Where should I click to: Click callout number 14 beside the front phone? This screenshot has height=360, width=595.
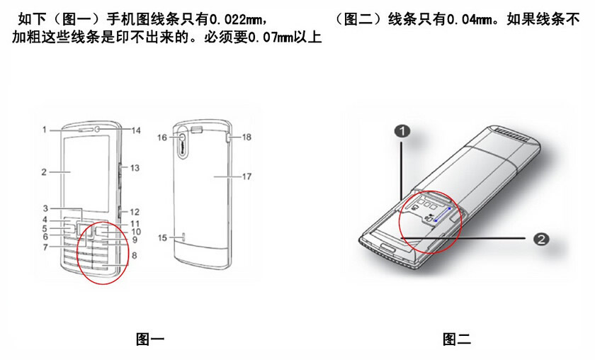click(136, 130)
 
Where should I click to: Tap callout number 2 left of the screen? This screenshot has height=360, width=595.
click(44, 172)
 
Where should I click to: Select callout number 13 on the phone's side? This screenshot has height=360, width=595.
click(135, 168)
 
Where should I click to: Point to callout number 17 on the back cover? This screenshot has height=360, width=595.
click(246, 176)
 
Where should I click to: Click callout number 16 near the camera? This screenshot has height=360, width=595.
click(162, 137)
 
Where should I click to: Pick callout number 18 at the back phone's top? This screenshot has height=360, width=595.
click(246, 137)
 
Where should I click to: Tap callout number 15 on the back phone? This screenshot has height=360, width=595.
click(162, 237)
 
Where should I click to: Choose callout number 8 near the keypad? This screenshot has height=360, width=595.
click(135, 256)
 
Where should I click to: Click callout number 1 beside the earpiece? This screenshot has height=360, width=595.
click(45, 130)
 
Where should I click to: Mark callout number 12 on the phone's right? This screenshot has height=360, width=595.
click(135, 212)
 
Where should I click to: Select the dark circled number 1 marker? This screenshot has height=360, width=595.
click(402, 131)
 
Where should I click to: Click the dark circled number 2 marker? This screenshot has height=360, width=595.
click(541, 239)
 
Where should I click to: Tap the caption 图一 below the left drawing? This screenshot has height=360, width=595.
click(150, 339)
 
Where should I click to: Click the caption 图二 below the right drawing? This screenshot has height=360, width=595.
click(457, 339)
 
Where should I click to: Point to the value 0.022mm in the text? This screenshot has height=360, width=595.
click(235, 20)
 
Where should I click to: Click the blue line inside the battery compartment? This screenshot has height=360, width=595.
click(443, 215)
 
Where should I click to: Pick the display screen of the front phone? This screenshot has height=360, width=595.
click(86, 173)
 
